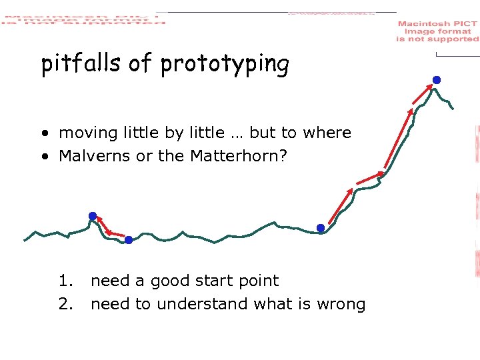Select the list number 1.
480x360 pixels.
tap(65, 281)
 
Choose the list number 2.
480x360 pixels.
tap(65, 304)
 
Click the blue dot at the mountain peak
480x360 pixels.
tap(436, 80)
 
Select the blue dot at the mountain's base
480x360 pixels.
tap(321, 228)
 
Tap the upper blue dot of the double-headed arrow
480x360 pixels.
tap(93, 216)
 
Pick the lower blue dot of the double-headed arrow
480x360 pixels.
tap(129, 240)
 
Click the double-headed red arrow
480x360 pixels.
tap(111, 228)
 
